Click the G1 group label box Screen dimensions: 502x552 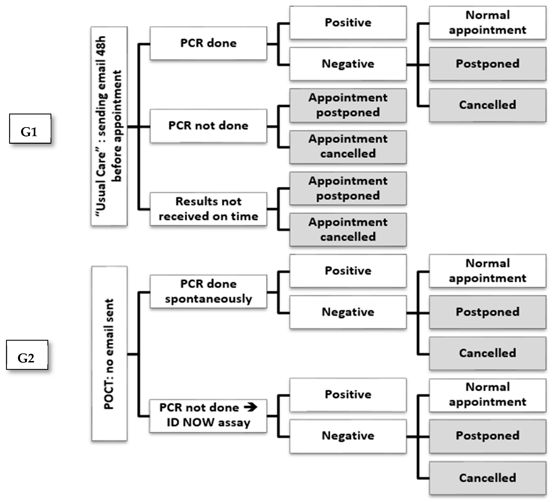pyautogui.click(x=30, y=129)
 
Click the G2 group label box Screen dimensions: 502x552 pyautogui.click(x=27, y=355)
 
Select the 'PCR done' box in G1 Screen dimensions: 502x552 pyautogui.click(x=208, y=43)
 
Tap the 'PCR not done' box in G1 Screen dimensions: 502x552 pyautogui.click(x=208, y=126)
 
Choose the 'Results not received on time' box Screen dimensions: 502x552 pyautogui.click(x=208, y=209)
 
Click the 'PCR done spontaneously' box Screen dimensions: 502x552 pyautogui.click(x=208, y=292)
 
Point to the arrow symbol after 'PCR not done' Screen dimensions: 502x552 pyautogui.click(x=250, y=407)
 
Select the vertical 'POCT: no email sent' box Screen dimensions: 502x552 pyautogui.click(x=109, y=353)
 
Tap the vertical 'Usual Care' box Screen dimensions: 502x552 pyautogui.click(x=109, y=126)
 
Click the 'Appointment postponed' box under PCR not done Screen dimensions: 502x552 pyautogui.click(x=348, y=105)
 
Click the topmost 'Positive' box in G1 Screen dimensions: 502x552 pyautogui.click(x=348, y=22)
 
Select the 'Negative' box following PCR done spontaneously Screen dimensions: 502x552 pyautogui.click(x=348, y=312)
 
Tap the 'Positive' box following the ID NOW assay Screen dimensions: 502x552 pyautogui.click(x=348, y=395)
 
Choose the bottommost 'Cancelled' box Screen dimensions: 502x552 pyautogui.click(x=487, y=478)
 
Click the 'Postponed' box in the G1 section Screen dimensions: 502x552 pyautogui.click(x=487, y=64)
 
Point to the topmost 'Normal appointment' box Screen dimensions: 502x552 pyautogui.click(x=487, y=22)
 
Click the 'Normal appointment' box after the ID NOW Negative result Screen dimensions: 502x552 pyautogui.click(x=487, y=395)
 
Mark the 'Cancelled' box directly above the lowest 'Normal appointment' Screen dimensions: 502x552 pyautogui.click(x=487, y=353)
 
